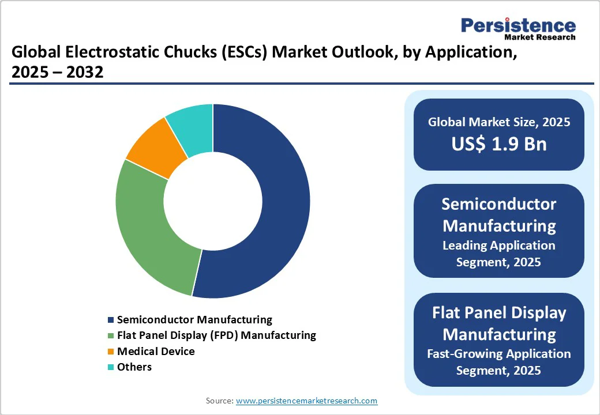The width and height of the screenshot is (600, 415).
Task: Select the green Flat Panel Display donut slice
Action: pyautogui.click(x=150, y=231)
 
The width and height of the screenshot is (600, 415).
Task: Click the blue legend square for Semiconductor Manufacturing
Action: pyautogui.click(x=110, y=320)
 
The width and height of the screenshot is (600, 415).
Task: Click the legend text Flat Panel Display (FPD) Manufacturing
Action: pyautogui.click(x=216, y=335)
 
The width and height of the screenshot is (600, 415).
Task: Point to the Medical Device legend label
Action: pyautogui.click(x=156, y=351)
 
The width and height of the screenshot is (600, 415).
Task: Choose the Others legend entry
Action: pyautogui.click(x=134, y=367)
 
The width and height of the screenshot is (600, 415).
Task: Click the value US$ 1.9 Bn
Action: pyautogui.click(x=499, y=144)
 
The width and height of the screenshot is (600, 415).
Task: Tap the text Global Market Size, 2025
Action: pyautogui.click(x=499, y=122)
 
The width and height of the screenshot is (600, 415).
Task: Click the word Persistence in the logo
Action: pyautogui.click(x=517, y=25)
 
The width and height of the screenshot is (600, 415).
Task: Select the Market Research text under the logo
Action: pyautogui.click(x=539, y=37)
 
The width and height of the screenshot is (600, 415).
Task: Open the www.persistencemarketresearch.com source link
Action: pyautogui.click(x=306, y=401)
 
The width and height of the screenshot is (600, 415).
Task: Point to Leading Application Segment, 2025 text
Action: pyautogui.click(x=499, y=254)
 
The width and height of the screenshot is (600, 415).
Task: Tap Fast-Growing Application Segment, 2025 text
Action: pyautogui.click(x=499, y=362)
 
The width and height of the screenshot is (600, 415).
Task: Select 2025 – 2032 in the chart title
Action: pyautogui.click(x=57, y=73)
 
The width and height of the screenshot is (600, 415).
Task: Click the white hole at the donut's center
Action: pyautogui.click(x=213, y=201)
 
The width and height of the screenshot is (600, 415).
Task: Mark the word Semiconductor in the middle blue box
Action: pyautogui.click(x=499, y=203)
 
